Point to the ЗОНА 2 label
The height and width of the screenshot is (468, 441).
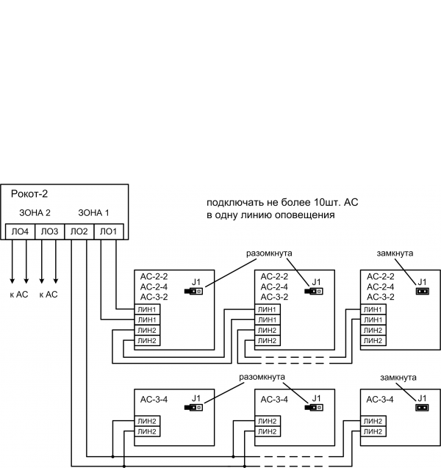pos(35,213)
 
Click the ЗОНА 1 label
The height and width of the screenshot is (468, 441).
pos(93,213)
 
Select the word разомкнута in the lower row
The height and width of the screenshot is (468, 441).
pos(262,375)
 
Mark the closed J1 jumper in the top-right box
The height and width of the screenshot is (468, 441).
pos(422,291)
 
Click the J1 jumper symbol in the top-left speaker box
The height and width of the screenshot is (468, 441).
pos(195,291)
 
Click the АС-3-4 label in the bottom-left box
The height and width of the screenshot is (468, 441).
pos(154,400)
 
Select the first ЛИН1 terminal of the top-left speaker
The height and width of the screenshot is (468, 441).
pos(147,309)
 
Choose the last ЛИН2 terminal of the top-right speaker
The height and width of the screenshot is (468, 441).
pos(373,340)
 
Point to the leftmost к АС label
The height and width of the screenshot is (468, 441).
pos(19,294)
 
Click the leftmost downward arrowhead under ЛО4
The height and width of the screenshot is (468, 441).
pos(12,281)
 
